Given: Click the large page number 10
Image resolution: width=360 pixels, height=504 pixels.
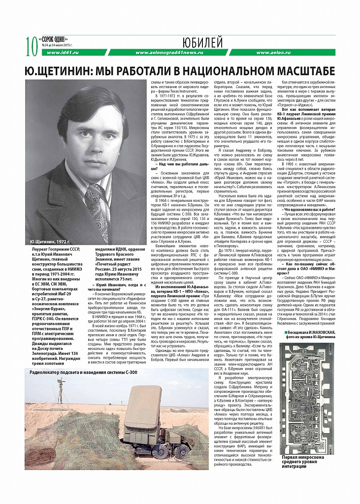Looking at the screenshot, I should point(31,47).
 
